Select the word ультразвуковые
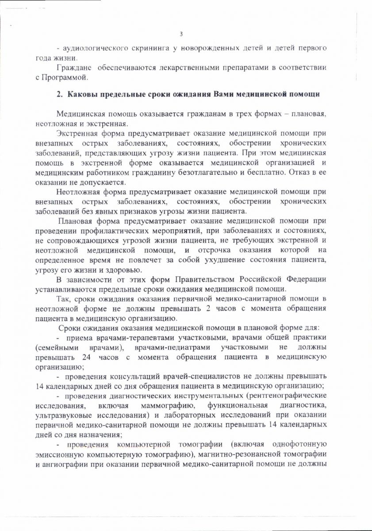pyautogui.click(x=61, y=415)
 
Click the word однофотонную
pyautogui.click(x=299, y=444)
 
